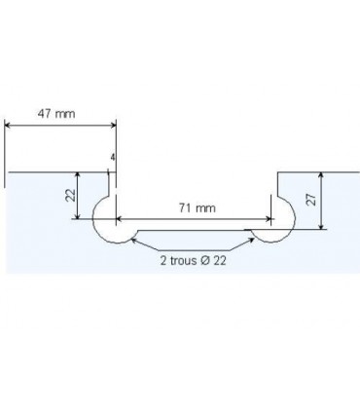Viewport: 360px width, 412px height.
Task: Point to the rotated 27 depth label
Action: tap(310, 200)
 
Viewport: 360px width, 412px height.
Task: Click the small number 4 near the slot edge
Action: tap(114, 157)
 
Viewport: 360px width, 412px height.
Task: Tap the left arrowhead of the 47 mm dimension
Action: tap(8, 124)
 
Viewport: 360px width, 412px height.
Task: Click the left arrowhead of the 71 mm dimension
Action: tap(121, 218)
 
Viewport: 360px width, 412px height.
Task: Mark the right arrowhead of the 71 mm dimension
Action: tap(269, 218)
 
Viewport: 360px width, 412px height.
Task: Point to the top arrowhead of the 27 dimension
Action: tap(322, 176)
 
